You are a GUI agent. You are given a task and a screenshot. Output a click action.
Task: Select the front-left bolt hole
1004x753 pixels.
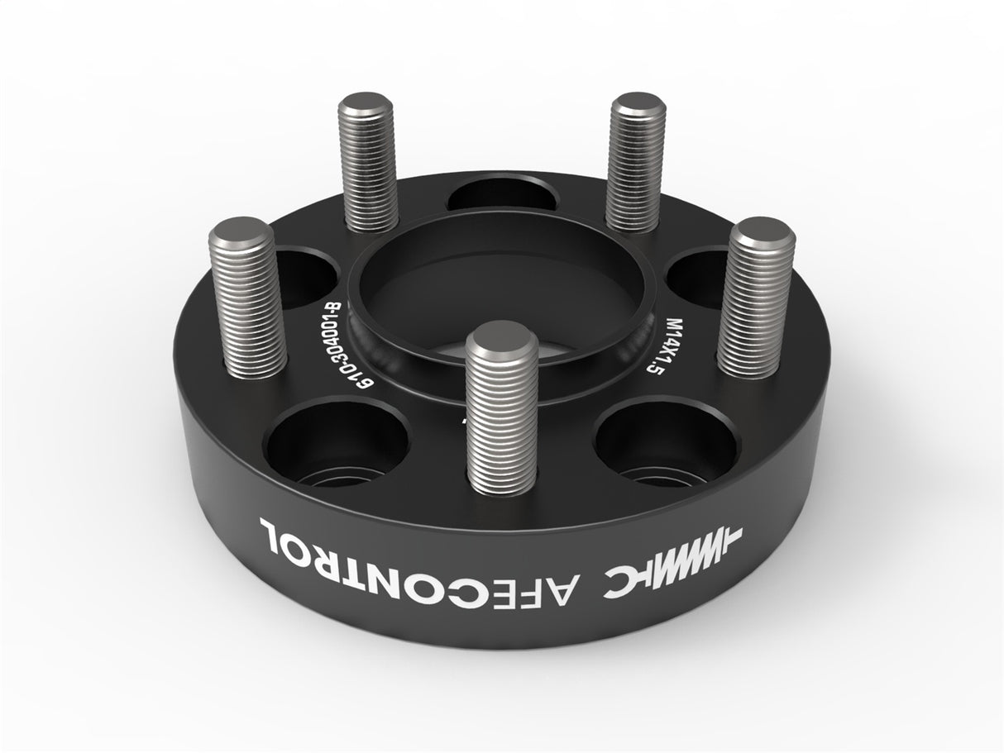[x=337, y=442]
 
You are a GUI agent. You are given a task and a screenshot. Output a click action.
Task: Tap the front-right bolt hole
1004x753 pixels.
[x=666, y=442]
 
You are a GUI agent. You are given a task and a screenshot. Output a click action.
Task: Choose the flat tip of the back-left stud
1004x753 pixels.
[x=366, y=105]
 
